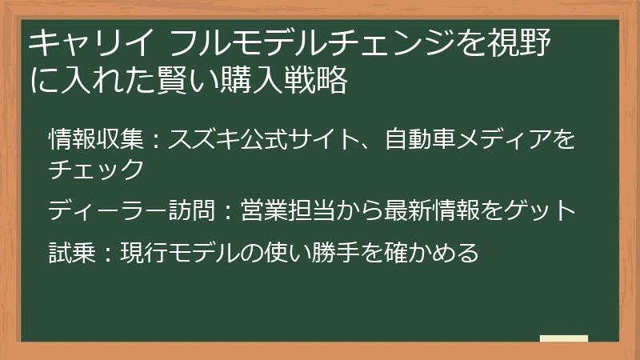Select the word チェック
click(96, 169)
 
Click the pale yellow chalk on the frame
click(563, 339)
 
